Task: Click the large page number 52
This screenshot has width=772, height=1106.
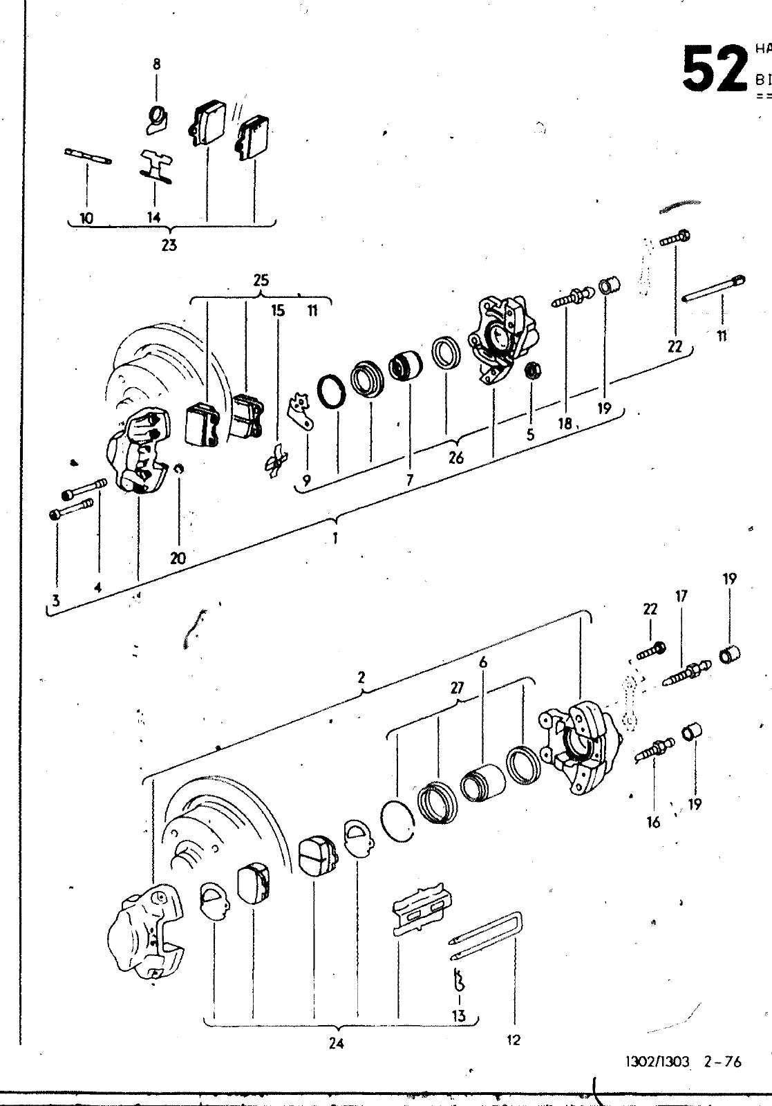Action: [714, 69]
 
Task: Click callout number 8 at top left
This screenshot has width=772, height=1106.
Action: [156, 65]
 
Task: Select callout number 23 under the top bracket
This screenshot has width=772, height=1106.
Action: [169, 245]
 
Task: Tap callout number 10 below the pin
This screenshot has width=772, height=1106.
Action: [86, 218]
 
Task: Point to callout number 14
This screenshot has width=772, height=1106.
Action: [153, 217]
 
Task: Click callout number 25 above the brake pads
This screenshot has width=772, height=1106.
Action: [261, 281]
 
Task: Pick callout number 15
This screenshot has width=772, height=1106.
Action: [278, 310]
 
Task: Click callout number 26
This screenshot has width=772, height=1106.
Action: [455, 457]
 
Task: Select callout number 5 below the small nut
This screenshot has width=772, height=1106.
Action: [530, 435]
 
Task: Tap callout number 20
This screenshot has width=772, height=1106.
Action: [178, 558]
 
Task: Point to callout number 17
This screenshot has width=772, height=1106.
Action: [681, 595]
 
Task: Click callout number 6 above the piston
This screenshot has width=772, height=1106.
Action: [483, 662]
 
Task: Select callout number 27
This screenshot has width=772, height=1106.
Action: [457, 688]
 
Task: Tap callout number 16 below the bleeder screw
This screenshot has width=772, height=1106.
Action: [654, 822]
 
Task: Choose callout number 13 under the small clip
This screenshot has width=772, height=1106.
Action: [458, 1015]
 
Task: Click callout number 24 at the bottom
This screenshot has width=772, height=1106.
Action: [336, 1044]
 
